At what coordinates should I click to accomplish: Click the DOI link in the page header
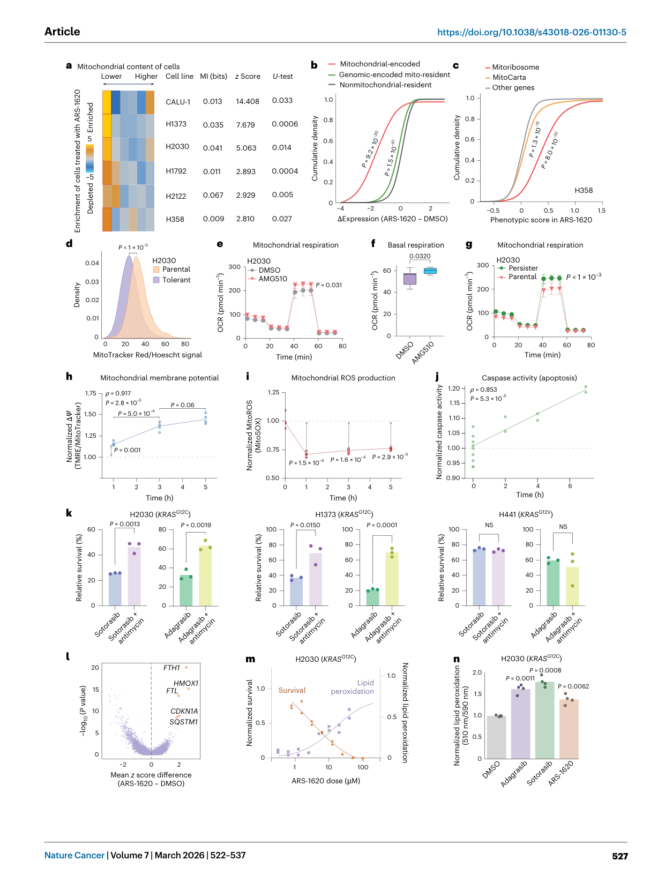(x=531, y=32)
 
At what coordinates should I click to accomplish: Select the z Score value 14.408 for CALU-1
(x=247, y=101)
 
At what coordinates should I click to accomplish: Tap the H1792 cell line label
(x=176, y=171)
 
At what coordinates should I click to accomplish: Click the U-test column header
(x=282, y=76)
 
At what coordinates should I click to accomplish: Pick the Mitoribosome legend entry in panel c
(x=512, y=67)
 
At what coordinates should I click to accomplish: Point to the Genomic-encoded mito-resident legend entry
(x=389, y=74)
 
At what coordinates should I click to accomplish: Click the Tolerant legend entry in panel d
(x=171, y=280)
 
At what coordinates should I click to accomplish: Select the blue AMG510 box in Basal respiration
(x=430, y=271)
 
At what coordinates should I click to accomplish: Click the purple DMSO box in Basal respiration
(x=409, y=279)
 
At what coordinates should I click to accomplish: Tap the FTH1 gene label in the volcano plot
(x=171, y=668)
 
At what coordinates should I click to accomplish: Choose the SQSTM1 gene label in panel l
(x=183, y=722)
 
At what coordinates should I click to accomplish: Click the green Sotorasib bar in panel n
(x=544, y=720)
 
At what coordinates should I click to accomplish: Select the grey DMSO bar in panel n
(x=496, y=737)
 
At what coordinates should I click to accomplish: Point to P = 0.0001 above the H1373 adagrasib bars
(x=382, y=525)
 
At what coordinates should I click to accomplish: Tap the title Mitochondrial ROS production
(x=343, y=378)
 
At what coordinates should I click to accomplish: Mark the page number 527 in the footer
(x=619, y=856)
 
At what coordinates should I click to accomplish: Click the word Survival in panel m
(x=292, y=690)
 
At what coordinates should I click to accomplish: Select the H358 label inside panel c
(x=584, y=190)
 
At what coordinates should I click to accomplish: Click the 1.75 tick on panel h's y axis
(x=91, y=393)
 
